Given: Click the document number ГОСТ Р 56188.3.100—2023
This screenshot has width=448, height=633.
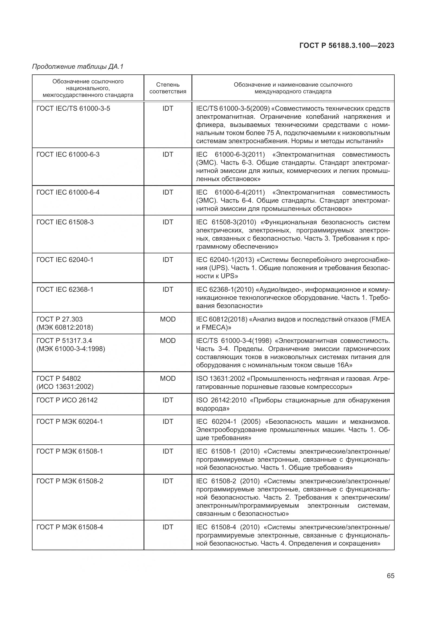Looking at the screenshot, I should (347, 45).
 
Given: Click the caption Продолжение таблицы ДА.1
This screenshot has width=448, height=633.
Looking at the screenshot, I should (78, 67).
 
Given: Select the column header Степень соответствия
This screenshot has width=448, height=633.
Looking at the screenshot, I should (168, 88).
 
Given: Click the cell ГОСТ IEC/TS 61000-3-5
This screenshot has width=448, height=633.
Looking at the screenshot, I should (73, 109).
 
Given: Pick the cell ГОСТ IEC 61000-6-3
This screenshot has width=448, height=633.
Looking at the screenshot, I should (68, 154).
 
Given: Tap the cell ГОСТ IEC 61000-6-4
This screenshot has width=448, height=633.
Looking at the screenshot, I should (68, 192).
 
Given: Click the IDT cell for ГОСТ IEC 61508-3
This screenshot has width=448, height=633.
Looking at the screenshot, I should (168, 222).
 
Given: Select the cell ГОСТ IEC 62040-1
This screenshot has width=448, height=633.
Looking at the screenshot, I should (65, 260).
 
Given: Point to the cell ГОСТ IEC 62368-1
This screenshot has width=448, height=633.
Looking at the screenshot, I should (65, 290).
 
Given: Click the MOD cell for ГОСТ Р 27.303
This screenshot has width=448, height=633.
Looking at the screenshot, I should (168, 319).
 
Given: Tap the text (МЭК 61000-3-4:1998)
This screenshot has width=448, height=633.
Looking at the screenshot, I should (71, 349).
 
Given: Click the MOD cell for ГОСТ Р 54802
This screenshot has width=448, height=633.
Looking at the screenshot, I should (168, 379).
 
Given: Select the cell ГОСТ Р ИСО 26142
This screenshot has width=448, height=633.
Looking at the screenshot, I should (67, 400).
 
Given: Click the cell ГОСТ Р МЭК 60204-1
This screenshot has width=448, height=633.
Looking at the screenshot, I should (70, 422).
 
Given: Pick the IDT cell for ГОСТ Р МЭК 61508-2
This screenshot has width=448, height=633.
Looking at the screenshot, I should (168, 481).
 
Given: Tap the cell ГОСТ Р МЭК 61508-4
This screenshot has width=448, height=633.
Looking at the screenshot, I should (70, 527).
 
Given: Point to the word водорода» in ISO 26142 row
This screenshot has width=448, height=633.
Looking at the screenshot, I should (212, 408).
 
